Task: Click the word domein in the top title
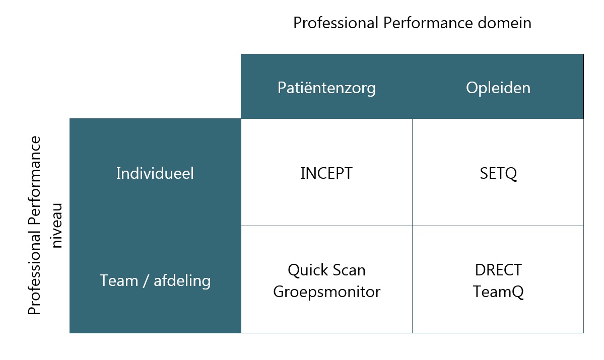(504, 23)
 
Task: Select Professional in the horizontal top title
(336, 23)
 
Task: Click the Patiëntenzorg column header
(326, 88)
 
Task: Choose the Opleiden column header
(498, 88)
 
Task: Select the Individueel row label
(155, 173)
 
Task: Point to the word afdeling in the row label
(182, 280)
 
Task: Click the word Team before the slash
(119, 280)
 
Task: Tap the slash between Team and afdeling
(146, 280)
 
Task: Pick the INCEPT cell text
(326, 173)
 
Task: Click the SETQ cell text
(498, 174)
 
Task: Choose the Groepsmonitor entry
(326, 292)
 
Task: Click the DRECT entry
(498, 270)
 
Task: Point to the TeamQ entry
(498, 292)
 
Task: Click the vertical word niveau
(56, 226)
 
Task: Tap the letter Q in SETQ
(511, 174)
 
